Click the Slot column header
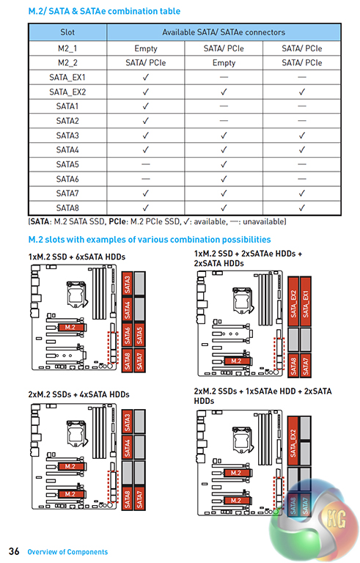click(67, 32)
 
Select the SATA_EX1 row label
click(67, 77)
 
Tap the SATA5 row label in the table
click(67, 164)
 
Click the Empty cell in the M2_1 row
click(145, 48)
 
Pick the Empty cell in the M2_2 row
click(224, 63)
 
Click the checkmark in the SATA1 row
click(145, 106)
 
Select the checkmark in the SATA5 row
click(224, 164)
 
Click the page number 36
click(14, 551)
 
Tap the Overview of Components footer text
click(67, 552)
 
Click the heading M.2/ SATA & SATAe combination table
click(104, 11)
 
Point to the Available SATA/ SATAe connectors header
click(224, 32)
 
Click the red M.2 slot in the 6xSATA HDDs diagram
click(70, 327)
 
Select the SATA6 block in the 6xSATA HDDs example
click(128, 335)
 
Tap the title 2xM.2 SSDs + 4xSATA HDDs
click(78, 394)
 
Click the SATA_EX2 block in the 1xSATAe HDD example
click(293, 441)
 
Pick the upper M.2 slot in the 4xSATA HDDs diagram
click(70, 466)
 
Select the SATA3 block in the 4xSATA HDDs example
click(128, 422)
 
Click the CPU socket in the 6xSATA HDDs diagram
click(76, 294)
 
